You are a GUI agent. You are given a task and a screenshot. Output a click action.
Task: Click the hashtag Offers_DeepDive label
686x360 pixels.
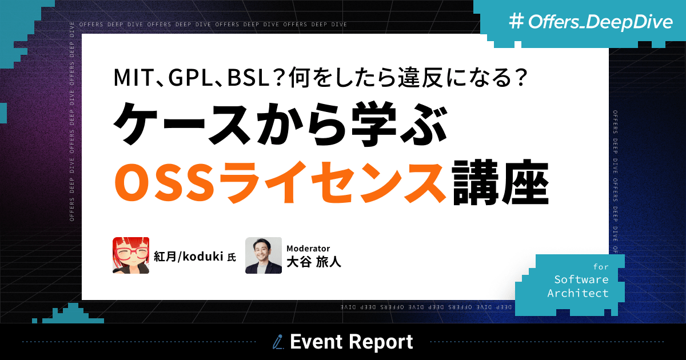tap(583, 22)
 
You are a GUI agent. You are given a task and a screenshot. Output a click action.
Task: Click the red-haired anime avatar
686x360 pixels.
tap(131, 255)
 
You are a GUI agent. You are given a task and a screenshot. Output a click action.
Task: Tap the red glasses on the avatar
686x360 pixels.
tap(131, 251)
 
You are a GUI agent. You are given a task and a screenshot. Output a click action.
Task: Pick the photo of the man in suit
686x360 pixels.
tap(264, 255)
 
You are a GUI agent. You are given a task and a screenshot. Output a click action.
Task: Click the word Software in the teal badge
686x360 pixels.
tap(581, 279)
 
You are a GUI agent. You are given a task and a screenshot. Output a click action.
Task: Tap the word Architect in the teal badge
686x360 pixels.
tap(578, 293)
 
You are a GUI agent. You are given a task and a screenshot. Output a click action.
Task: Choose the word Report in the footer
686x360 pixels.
tap(381, 342)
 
